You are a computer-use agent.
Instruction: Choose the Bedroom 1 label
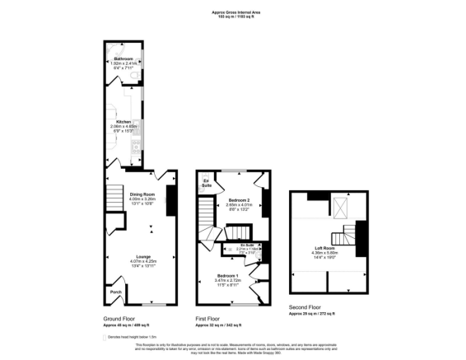click(x=226, y=274)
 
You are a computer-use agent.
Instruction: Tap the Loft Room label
click(x=323, y=247)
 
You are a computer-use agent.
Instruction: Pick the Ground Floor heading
click(x=120, y=318)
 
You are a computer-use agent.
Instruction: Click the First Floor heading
click(x=212, y=318)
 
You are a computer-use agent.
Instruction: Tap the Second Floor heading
click(x=306, y=307)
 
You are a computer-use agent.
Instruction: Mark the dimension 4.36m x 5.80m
click(x=323, y=252)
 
